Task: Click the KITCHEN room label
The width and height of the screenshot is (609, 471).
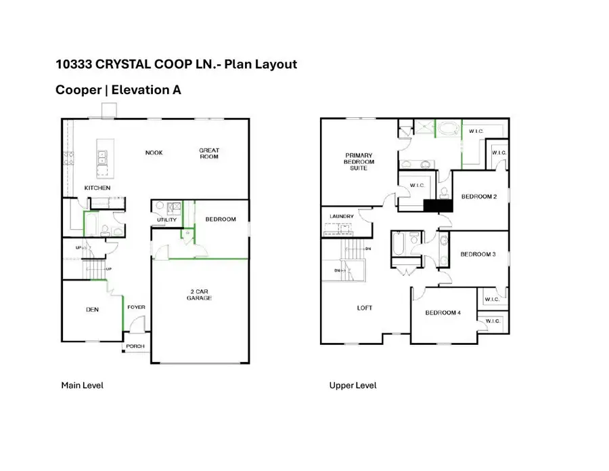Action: click(97, 188)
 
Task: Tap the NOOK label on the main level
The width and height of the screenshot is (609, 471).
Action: click(154, 152)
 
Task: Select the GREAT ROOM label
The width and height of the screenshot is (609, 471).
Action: click(208, 153)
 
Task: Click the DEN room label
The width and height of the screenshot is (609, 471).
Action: click(93, 310)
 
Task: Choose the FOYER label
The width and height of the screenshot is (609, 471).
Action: click(136, 307)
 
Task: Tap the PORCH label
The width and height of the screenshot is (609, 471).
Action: click(135, 346)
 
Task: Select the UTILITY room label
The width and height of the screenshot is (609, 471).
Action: click(166, 220)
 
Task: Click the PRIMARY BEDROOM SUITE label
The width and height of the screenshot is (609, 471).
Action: click(359, 161)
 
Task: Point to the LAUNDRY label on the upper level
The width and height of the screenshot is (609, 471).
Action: click(341, 217)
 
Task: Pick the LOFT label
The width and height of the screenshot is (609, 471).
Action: click(365, 308)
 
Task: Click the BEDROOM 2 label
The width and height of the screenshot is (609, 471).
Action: click(478, 197)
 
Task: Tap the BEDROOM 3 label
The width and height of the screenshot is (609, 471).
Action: click(478, 254)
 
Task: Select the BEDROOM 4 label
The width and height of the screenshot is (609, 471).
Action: click(443, 312)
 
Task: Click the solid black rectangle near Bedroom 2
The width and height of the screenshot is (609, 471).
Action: click(437, 207)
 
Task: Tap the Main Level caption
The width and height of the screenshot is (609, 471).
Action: click(82, 386)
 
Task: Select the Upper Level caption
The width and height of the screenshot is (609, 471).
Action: click(353, 386)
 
